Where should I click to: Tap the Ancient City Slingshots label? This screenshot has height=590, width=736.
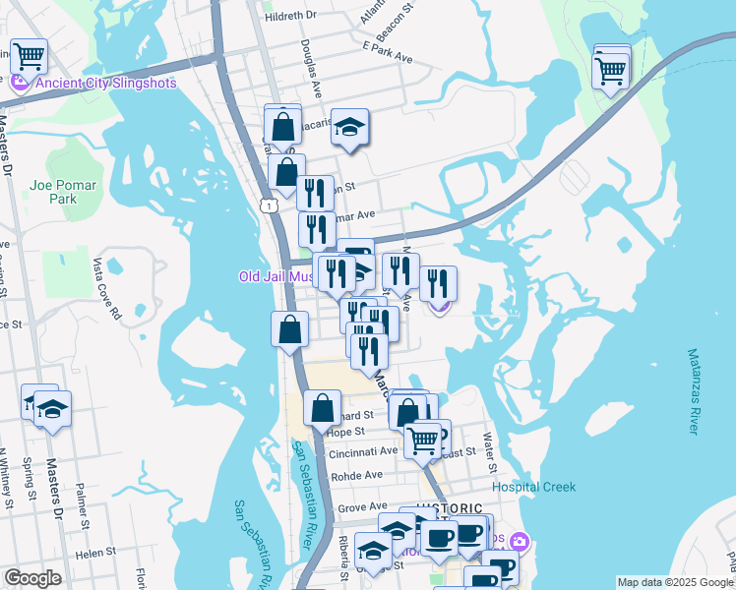(x=105, y=83)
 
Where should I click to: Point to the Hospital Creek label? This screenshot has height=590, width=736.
(x=534, y=487)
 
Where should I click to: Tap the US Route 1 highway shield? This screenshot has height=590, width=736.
(x=267, y=205)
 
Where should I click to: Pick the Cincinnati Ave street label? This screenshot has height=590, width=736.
(x=362, y=450)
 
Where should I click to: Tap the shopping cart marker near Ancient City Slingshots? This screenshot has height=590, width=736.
(x=29, y=57)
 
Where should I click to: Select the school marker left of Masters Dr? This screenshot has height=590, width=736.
(x=51, y=409)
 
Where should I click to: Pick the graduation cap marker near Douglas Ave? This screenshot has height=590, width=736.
(x=349, y=126)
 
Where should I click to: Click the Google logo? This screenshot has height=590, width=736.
(x=32, y=579)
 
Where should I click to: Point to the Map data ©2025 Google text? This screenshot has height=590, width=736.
(x=674, y=582)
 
